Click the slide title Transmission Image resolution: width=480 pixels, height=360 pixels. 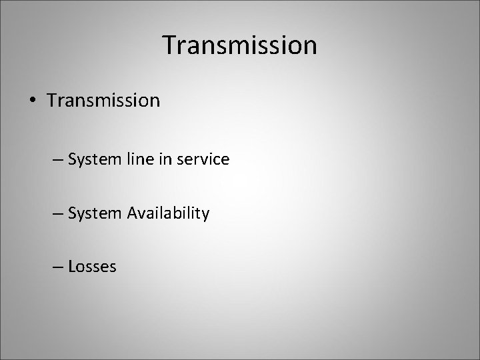240,46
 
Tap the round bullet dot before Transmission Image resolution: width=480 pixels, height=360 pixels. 31,101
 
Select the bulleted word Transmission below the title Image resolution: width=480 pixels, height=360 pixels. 103,101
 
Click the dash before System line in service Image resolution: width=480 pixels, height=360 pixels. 59,160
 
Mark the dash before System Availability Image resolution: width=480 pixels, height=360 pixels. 59,213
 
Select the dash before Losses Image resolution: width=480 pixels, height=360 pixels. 59,267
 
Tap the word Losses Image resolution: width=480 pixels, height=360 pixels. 92,267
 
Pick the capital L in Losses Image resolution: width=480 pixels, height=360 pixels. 71,267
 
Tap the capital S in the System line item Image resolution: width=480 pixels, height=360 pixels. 72,160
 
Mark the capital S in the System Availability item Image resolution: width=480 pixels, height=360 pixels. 72,213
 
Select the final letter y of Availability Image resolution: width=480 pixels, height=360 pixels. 205,215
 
